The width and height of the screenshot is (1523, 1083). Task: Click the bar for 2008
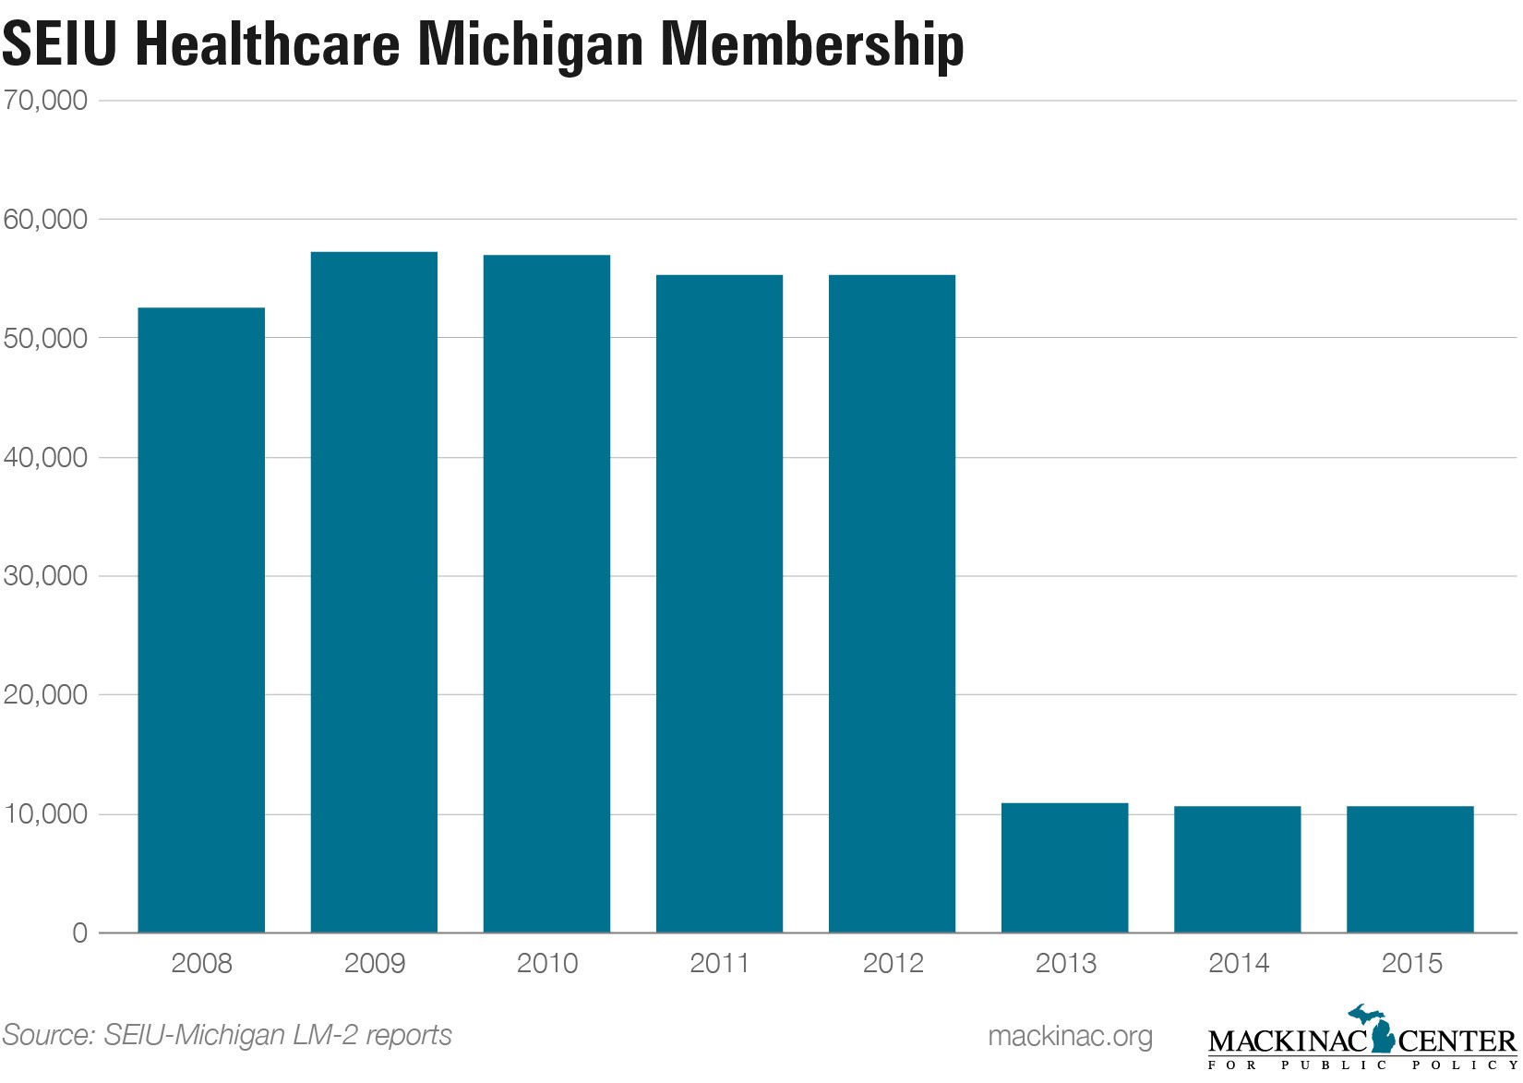tap(201, 620)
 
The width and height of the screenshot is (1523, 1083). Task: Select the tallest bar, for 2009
tap(374, 592)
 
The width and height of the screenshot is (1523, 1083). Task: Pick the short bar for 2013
tap(1064, 868)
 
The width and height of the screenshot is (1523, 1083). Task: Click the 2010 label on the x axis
tap(547, 964)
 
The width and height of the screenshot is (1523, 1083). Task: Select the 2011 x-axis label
tap(720, 964)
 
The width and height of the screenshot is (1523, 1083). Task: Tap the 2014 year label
tap(1239, 964)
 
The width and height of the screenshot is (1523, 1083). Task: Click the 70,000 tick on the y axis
tap(46, 100)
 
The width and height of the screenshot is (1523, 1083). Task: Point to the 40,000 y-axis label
tap(46, 458)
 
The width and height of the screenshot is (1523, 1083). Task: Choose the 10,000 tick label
tap(46, 814)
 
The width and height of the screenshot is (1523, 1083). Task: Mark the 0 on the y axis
tap(79, 933)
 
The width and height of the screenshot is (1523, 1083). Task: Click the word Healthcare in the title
tap(268, 44)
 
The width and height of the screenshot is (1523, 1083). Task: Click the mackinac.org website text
tap(1070, 1036)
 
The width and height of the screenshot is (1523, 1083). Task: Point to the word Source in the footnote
tap(46, 1035)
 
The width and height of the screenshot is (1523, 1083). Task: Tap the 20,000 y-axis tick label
tap(46, 695)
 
